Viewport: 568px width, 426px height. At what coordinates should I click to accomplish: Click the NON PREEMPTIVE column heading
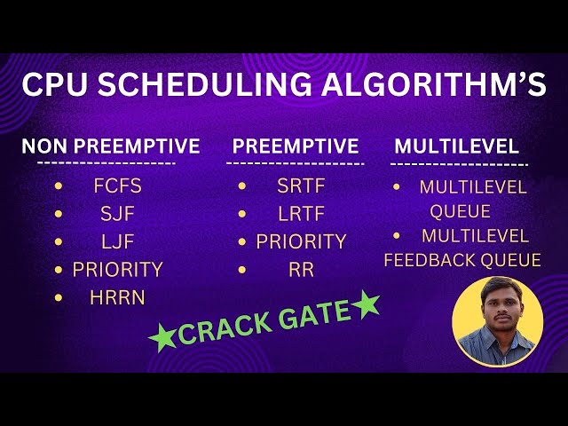[x=111, y=146]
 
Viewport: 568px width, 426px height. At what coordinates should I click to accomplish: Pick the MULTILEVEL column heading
[x=456, y=146]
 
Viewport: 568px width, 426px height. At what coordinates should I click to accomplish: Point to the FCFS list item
[x=117, y=187]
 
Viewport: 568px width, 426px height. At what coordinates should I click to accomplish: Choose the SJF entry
[x=117, y=214]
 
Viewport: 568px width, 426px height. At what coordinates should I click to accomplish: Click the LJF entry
[x=117, y=241]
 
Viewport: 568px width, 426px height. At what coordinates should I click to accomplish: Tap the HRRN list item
[x=117, y=297]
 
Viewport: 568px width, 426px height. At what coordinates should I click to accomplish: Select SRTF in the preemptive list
[x=301, y=186]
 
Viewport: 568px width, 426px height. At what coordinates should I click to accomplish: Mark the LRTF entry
[x=301, y=214]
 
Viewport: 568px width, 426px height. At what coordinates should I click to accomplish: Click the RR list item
[x=301, y=270]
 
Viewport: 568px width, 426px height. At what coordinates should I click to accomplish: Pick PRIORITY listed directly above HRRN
[x=117, y=269]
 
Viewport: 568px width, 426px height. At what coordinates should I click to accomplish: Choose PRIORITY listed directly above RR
[x=301, y=241]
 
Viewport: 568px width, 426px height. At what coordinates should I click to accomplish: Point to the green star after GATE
[x=365, y=306]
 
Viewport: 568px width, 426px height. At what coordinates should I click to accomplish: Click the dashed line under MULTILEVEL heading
[x=459, y=164]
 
